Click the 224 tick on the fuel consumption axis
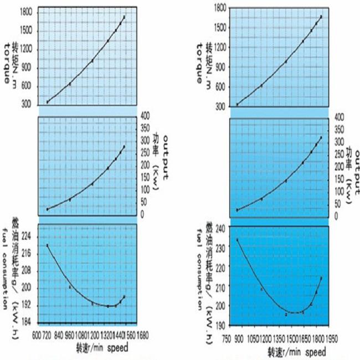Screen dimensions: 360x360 (25, 236)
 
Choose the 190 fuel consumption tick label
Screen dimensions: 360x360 (217, 325)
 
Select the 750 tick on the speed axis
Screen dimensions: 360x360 (227, 337)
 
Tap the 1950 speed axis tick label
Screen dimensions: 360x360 (332, 337)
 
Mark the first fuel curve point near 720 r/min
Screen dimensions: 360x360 (48, 245)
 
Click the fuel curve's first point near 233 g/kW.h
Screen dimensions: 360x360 (238, 240)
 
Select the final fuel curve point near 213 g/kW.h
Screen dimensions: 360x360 (321, 278)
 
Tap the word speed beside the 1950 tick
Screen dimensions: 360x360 (315, 352)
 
